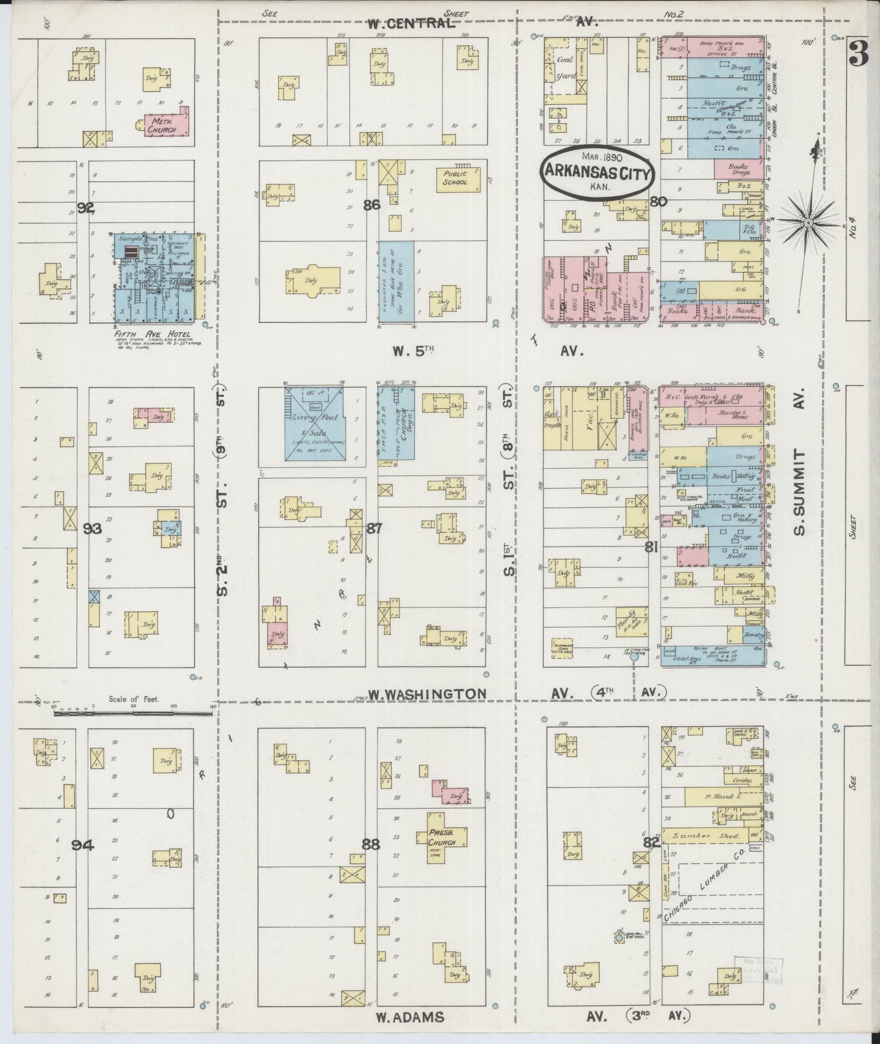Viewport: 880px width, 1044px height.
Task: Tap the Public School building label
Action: coord(455,177)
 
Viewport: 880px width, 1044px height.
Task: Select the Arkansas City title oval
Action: coord(597,172)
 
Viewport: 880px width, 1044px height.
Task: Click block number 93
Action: coord(93,528)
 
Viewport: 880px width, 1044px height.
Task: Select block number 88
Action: coord(370,844)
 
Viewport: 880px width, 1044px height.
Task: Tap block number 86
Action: coord(371,205)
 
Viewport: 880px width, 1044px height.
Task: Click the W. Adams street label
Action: coord(409,1016)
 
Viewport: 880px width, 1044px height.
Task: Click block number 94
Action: coord(83,844)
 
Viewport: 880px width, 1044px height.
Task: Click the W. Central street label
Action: coord(411,24)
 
